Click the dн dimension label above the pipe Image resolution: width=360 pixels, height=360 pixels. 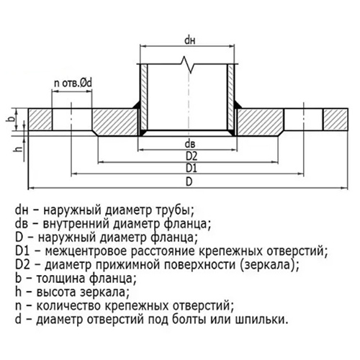tap(189, 40)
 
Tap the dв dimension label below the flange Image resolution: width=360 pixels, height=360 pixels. tap(190, 144)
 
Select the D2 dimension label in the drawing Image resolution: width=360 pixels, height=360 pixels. tap(192, 156)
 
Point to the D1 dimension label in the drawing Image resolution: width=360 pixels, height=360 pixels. tap(192, 168)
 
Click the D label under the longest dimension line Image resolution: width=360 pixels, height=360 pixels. tap(189, 181)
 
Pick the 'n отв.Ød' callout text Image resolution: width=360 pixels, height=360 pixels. tap(73, 84)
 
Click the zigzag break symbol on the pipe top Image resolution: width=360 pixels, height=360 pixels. tap(188, 65)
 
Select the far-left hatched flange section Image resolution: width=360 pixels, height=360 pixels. tap(40, 120)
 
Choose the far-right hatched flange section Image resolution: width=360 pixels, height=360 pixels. tap(336, 120)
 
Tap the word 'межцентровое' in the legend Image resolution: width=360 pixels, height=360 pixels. tap(86, 251)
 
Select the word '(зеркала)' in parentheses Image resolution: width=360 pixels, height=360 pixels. tap(269, 265)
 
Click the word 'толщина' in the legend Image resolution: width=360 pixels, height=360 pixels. tap(60, 279)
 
